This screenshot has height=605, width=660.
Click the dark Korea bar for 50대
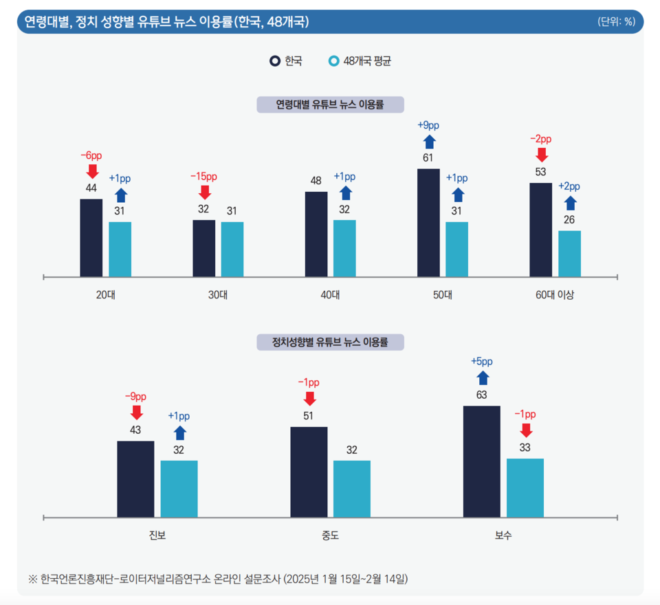pos(428,223)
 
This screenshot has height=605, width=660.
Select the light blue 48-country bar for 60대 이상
pos(569,254)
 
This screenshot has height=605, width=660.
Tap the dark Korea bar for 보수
pos(482,461)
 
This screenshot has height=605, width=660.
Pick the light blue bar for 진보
pos(179,489)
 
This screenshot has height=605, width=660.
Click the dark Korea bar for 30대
pos(203,248)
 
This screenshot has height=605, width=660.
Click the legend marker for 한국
pos(274,60)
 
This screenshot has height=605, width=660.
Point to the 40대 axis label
pos(330,296)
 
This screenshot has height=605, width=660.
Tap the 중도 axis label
pos(330,535)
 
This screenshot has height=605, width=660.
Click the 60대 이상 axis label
pos(555,296)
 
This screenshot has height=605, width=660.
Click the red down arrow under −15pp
pos(204,192)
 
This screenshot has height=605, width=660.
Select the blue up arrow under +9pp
pos(428,142)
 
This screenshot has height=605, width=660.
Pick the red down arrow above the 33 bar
pos(526,430)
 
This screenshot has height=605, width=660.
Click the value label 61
pos(428,158)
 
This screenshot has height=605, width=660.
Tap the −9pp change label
pos(135,397)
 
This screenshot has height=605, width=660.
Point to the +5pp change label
pos(482,362)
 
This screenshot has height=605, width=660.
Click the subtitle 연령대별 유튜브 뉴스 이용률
pos(330,104)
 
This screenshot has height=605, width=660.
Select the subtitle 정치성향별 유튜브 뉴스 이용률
pos(330,342)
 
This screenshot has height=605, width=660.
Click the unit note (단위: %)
pos(616,22)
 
